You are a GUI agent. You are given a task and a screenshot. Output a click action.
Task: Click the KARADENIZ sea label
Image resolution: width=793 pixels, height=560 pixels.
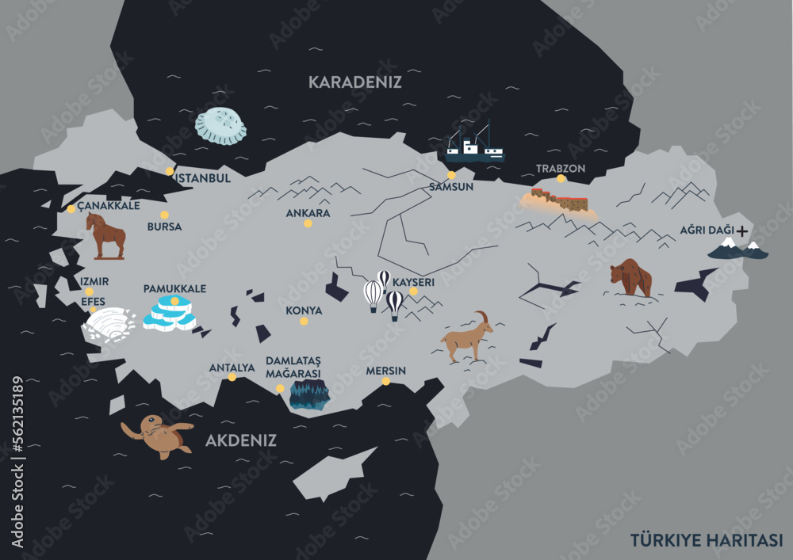pyautogui.click(x=354, y=82)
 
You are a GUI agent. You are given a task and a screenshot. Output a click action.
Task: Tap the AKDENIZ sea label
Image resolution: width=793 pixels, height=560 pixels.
pyautogui.click(x=241, y=440)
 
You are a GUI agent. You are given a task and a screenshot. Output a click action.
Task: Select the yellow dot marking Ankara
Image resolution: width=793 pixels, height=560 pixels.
pyautogui.click(x=308, y=223)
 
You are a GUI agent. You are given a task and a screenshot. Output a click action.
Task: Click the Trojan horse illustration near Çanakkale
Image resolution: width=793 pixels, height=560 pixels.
pyautogui.click(x=106, y=235)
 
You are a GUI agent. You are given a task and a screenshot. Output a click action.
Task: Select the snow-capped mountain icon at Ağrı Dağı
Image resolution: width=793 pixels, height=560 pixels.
pyautogui.click(x=737, y=250)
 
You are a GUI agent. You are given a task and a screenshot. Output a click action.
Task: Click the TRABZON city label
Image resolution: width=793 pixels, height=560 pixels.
pyautogui.click(x=561, y=169)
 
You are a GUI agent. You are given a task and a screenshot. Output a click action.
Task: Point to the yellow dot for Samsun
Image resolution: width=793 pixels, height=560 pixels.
pyautogui.click(x=451, y=175)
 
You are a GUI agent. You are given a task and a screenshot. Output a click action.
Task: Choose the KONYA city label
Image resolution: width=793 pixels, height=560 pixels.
pyautogui.click(x=304, y=310)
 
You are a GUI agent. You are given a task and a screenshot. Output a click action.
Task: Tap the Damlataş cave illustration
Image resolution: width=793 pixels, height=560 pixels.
pyautogui.click(x=308, y=394)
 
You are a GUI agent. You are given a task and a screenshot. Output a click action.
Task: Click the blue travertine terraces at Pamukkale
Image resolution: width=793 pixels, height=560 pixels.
pyautogui.click(x=170, y=313)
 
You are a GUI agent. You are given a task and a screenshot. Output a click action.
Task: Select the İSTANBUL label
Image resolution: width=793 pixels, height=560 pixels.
pyautogui.click(x=202, y=178)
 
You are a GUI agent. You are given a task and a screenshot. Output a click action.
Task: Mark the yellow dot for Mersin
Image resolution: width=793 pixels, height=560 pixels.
pyautogui.click(x=386, y=381)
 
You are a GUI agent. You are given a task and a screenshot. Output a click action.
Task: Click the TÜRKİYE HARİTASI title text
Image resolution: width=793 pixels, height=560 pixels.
pyautogui.click(x=707, y=539)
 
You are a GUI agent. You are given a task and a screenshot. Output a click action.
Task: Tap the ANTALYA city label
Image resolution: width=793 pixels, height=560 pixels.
pyautogui.click(x=232, y=368)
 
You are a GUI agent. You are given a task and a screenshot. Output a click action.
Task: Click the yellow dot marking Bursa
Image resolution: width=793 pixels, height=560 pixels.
pyautogui.click(x=164, y=215)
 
